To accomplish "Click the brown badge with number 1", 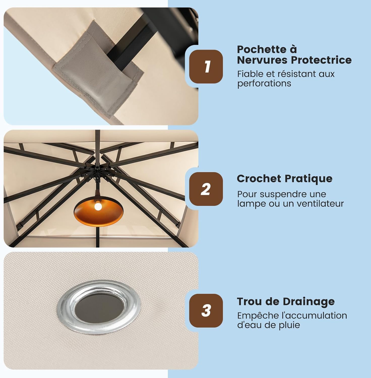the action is click(x=206, y=67).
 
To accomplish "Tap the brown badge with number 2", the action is click(x=206, y=189).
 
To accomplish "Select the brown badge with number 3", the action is click(x=206, y=310).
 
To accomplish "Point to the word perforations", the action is click(x=264, y=83).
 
